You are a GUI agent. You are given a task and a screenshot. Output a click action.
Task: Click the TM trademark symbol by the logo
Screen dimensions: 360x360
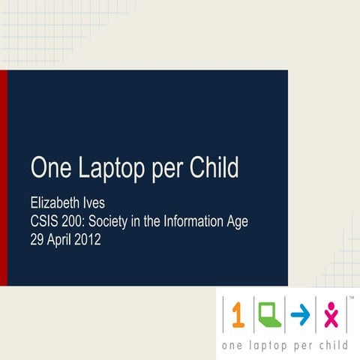click(351, 298)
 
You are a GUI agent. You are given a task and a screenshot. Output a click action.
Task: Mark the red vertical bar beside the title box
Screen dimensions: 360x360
click(3, 177)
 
